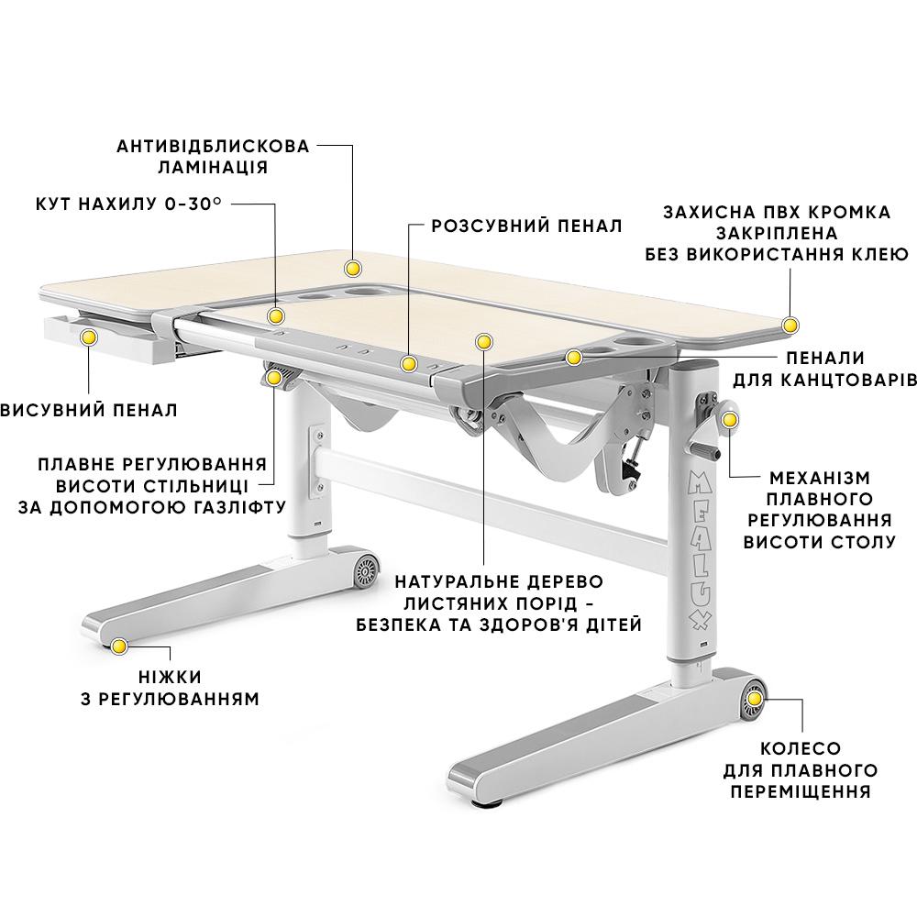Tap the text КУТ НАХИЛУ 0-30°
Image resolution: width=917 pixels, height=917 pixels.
click(x=128, y=204)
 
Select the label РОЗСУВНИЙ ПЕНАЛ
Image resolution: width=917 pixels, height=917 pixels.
click(x=527, y=226)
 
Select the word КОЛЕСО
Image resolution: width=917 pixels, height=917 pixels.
click(x=800, y=749)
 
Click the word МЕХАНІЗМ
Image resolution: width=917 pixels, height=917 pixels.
click(x=819, y=479)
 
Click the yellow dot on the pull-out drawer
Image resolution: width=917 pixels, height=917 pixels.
click(x=89, y=338)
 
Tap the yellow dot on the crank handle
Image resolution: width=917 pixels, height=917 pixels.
click(x=730, y=420)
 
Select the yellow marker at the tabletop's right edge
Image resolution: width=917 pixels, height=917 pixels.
click(x=791, y=324)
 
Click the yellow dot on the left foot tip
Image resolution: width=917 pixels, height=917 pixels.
click(x=118, y=647)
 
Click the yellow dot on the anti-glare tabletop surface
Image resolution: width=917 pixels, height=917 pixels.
click(x=352, y=269)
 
